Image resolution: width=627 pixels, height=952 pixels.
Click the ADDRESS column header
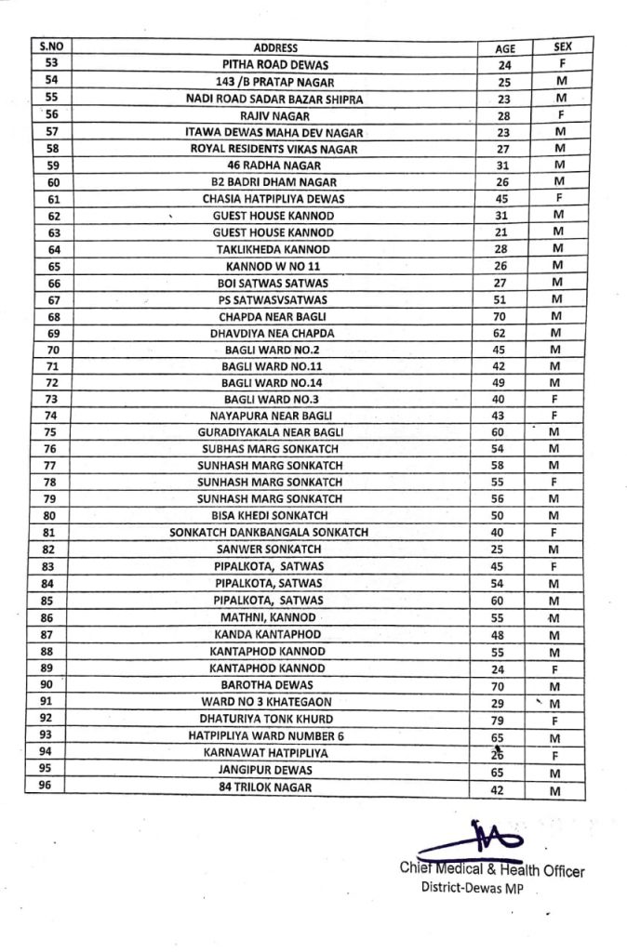275,47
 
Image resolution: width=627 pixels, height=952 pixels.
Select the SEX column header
562,46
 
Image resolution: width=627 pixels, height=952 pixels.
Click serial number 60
53,182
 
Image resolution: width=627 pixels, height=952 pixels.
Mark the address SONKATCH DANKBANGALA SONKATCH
269,533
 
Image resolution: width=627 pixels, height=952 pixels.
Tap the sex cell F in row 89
555,669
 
